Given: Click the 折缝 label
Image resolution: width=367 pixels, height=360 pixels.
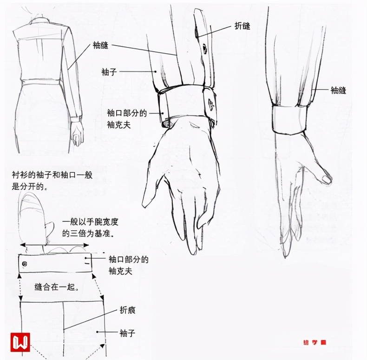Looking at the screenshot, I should (242, 27).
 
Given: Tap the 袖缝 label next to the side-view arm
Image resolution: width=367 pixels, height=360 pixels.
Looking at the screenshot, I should (339, 90).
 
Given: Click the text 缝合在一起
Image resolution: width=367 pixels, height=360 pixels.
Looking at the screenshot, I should (56, 287).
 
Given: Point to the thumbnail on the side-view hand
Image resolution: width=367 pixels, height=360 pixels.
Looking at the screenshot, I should (327, 178).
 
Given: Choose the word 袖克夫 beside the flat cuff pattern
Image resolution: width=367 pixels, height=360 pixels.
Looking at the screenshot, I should (122, 271).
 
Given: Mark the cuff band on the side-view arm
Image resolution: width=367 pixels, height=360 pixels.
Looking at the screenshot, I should (291, 120).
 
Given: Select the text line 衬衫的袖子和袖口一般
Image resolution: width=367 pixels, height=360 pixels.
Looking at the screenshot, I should (52, 175).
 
